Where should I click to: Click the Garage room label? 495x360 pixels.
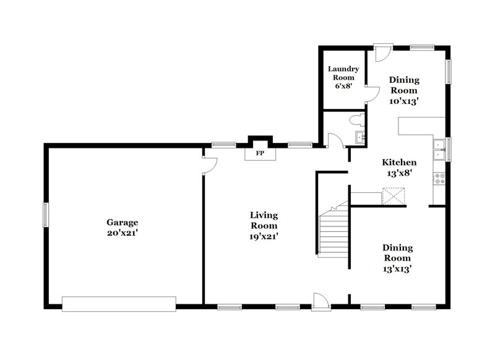[122, 222]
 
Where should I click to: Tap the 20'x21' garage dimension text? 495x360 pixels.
[122, 233]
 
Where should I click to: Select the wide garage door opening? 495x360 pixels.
[119, 303]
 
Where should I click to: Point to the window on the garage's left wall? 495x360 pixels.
[45, 215]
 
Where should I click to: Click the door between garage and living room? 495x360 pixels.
[209, 164]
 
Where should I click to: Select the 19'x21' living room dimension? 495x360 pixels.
[264, 236]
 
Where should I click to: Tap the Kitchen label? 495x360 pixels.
[398, 162]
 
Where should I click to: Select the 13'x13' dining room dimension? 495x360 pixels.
[397, 268]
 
